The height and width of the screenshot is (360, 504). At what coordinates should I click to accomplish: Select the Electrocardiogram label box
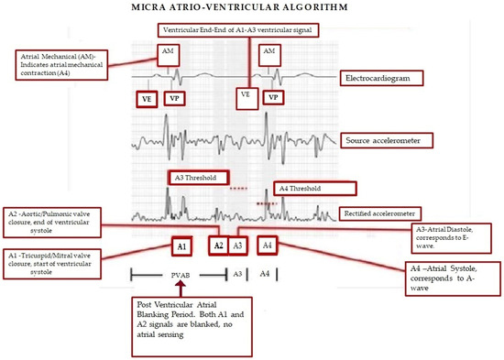[x=385, y=80]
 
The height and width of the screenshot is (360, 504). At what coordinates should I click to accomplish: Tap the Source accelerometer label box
[x=388, y=141]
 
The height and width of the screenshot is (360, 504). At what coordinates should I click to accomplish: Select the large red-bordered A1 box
[x=181, y=246]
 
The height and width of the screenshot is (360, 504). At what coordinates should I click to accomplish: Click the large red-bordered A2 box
[x=218, y=245]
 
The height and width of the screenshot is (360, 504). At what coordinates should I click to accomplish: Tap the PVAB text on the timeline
[x=179, y=274]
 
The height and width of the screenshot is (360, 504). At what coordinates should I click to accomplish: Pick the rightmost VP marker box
[x=273, y=96]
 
